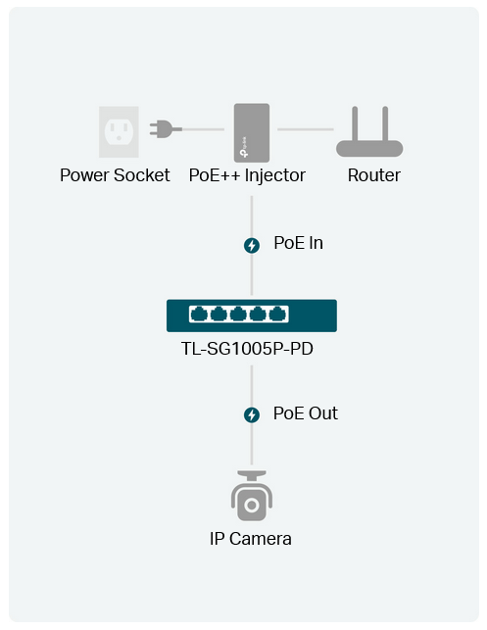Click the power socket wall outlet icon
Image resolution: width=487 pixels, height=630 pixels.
119,132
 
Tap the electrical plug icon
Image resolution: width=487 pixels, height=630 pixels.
166,129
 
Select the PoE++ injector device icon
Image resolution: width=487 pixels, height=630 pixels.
252,133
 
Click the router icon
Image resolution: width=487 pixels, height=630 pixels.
369,131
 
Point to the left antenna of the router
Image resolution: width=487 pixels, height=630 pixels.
355,123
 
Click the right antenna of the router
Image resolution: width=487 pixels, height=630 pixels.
385,123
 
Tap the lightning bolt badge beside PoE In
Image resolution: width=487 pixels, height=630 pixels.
252,245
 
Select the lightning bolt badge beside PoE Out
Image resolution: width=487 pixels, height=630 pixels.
252,415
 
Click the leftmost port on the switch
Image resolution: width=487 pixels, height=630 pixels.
199,314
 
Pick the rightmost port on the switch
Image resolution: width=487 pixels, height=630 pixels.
277,314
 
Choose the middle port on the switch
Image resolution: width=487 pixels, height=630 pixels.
238,314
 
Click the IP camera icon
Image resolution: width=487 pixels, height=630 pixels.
252,496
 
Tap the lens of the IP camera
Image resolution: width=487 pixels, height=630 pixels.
252,505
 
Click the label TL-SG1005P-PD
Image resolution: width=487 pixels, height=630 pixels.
247,349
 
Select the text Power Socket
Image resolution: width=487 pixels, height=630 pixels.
115,175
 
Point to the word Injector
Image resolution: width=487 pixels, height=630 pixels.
274,175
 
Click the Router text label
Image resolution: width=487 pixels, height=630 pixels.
374,175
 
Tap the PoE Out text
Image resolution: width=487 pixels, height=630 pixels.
306,413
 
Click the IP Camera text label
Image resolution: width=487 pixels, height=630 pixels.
250,539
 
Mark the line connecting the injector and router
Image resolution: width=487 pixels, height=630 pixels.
306,129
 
